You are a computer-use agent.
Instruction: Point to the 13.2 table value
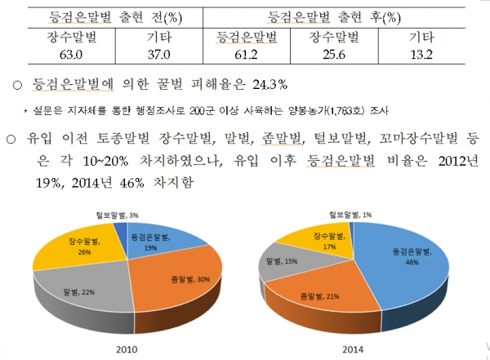pyautogui.click(x=425, y=56)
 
